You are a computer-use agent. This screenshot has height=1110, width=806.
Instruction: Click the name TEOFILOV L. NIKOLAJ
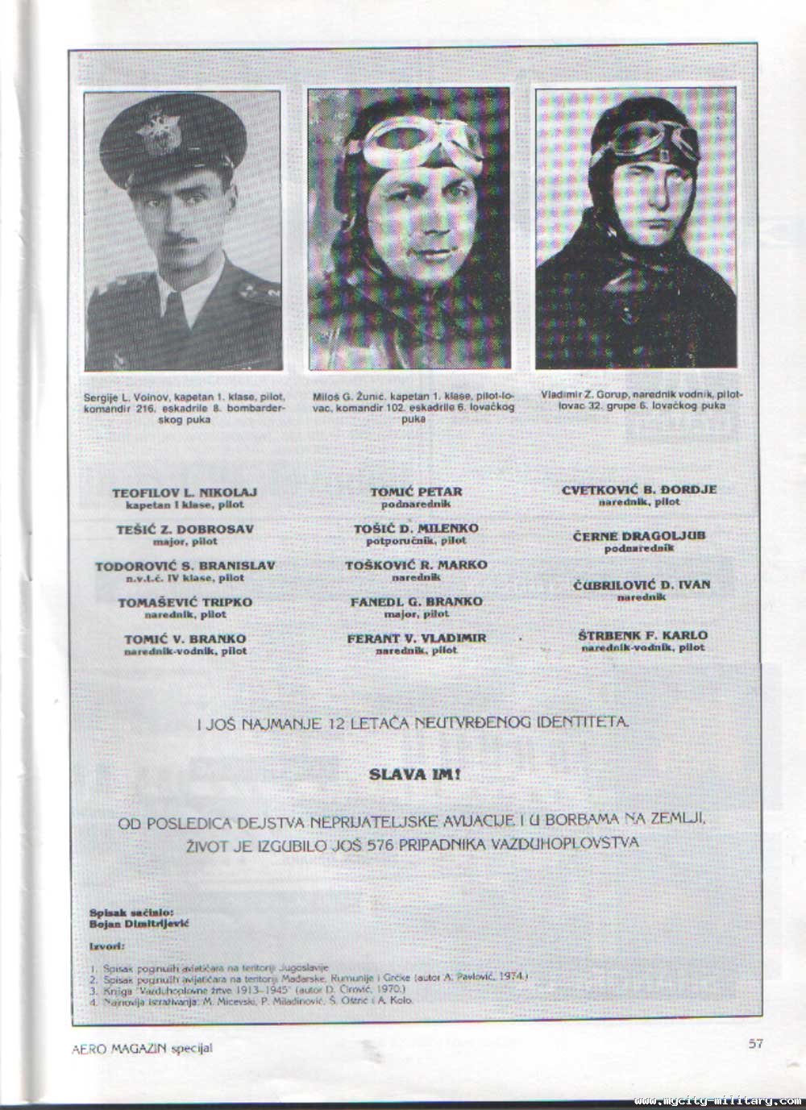(x=185, y=492)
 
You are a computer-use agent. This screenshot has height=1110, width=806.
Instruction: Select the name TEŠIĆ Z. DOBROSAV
(x=185, y=529)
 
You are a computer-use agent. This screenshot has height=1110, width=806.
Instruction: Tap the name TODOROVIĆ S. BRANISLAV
(x=185, y=565)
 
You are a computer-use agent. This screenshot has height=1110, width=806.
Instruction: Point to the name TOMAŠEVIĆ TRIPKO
(x=185, y=602)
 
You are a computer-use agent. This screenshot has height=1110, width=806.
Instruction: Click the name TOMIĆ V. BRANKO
(x=185, y=639)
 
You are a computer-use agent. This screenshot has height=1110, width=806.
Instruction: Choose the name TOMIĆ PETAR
(x=416, y=491)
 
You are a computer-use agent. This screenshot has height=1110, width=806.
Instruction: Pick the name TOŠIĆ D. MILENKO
(x=416, y=528)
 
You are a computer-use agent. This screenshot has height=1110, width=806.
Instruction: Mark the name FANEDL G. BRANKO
(x=416, y=601)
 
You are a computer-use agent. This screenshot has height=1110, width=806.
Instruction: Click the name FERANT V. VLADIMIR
(x=416, y=638)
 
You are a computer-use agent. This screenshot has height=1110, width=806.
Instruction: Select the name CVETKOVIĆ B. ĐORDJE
(x=639, y=488)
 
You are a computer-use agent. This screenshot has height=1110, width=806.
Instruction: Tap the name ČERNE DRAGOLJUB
(x=639, y=536)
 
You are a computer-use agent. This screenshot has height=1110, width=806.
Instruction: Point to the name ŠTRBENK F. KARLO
(x=642, y=635)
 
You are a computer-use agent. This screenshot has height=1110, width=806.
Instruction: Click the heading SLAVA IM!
(x=415, y=775)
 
